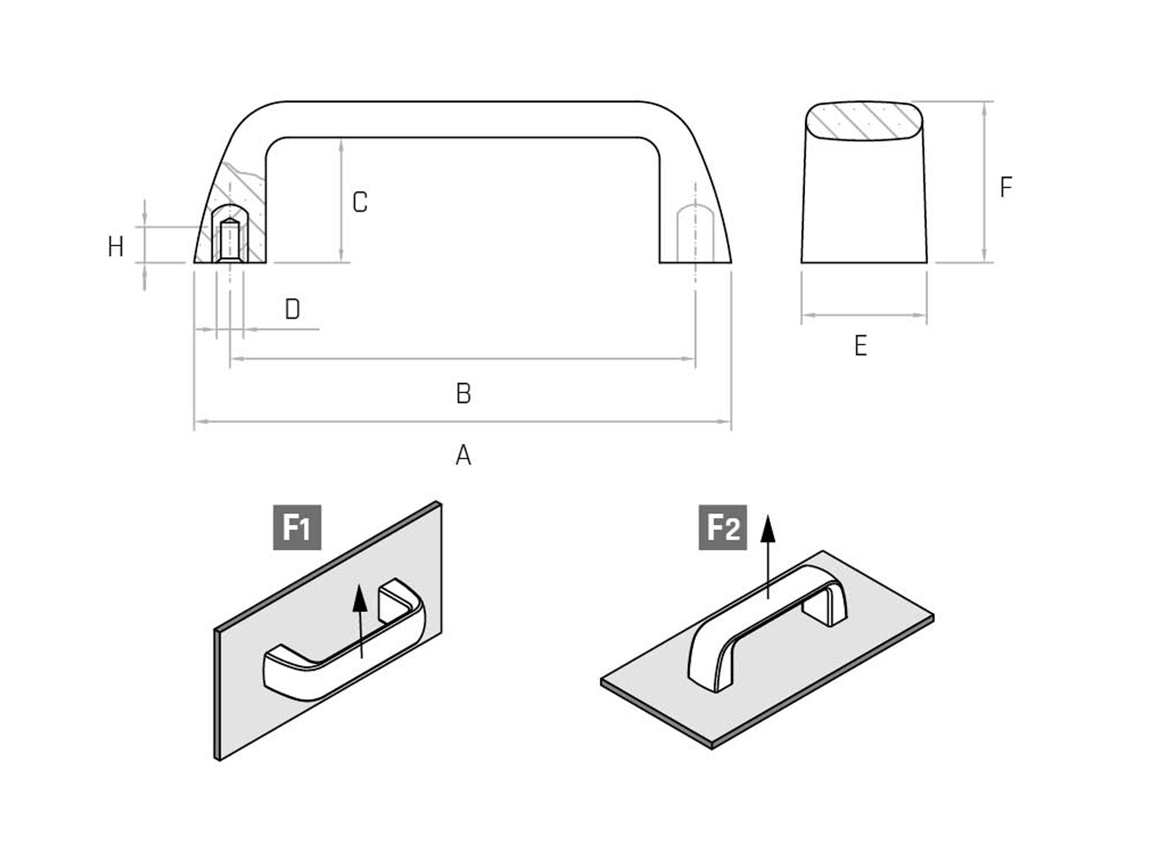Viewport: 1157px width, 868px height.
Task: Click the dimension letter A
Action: point(463,455)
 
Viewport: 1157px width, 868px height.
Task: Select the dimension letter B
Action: point(463,394)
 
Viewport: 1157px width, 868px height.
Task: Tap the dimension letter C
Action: point(360,202)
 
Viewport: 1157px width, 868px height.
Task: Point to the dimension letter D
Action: point(292,309)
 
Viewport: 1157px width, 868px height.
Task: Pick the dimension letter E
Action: point(860,346)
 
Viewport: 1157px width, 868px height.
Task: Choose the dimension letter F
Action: point(1005,187)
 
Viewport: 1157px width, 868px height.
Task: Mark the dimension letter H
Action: point(116,247)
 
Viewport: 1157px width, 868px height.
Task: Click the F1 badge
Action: point(297,527)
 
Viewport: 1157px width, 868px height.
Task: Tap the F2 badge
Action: point(723,527)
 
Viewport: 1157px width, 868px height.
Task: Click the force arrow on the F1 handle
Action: point(360,621)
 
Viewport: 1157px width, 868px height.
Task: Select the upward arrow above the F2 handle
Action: point(768,557)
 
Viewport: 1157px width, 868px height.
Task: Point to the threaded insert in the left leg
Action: point(230,240)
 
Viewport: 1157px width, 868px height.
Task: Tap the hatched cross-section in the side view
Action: point(864,121)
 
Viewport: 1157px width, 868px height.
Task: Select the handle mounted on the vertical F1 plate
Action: point(344,640)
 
